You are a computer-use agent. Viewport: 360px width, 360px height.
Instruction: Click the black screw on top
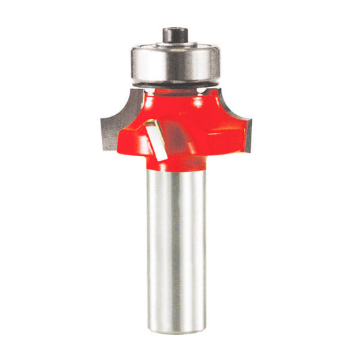pos(176,32)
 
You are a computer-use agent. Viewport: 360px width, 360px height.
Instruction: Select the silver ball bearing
pos(176,64)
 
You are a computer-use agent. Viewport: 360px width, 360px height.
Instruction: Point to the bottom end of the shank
pos(176,312)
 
